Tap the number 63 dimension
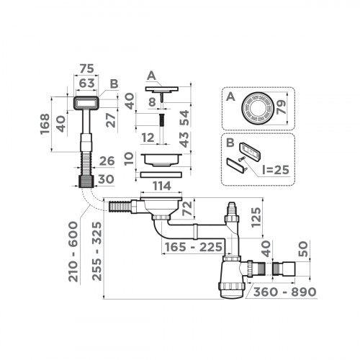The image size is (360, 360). (x=86, y=83)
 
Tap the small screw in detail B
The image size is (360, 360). (x=247, y=167)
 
